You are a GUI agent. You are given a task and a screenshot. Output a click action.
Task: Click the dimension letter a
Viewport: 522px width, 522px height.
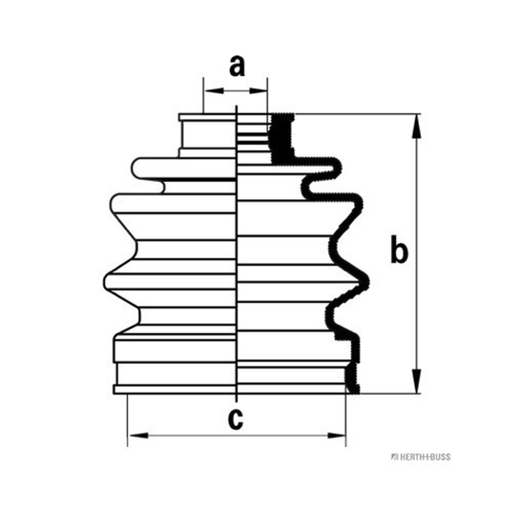(x=237, y=66)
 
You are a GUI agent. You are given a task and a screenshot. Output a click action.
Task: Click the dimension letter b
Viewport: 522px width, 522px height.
(x=399, y=249)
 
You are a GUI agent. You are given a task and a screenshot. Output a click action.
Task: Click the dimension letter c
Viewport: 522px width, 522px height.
(x=236, y=419)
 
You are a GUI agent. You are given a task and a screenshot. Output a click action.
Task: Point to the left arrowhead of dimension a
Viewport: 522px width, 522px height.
(x=214, y=91)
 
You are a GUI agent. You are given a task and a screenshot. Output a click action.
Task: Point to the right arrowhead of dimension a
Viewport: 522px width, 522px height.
(x=258, y=91)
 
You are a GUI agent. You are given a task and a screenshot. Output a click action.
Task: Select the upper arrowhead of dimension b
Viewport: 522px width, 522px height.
(x=416, y=126)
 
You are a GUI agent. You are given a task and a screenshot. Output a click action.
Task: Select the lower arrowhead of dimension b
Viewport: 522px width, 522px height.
(x=416, y=381)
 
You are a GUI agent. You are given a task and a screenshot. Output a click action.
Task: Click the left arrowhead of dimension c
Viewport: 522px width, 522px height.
(x=138, y=435)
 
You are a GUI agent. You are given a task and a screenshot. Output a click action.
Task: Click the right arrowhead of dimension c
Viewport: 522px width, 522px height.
(x=336, y=435)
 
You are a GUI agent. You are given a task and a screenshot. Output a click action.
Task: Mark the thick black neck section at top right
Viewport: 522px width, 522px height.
(x=283, y=138)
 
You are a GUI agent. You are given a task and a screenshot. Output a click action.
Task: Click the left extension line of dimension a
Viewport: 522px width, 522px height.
(x=203, y=95)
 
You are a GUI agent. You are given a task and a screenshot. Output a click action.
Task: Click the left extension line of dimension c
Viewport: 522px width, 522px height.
(x=127, y=420)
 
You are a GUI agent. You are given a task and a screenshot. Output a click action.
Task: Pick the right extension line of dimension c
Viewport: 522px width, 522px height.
(x=346, y=420)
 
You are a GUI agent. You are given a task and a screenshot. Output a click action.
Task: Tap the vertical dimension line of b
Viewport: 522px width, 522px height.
(x=416, y=254)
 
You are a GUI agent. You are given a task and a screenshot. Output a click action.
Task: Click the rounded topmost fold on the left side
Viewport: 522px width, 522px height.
(x=184, y=169)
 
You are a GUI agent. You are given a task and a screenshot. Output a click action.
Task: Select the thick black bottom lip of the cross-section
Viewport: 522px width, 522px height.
(x=352, y=380)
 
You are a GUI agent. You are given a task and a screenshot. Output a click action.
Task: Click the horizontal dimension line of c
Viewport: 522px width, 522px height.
(x=237, y=435)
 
